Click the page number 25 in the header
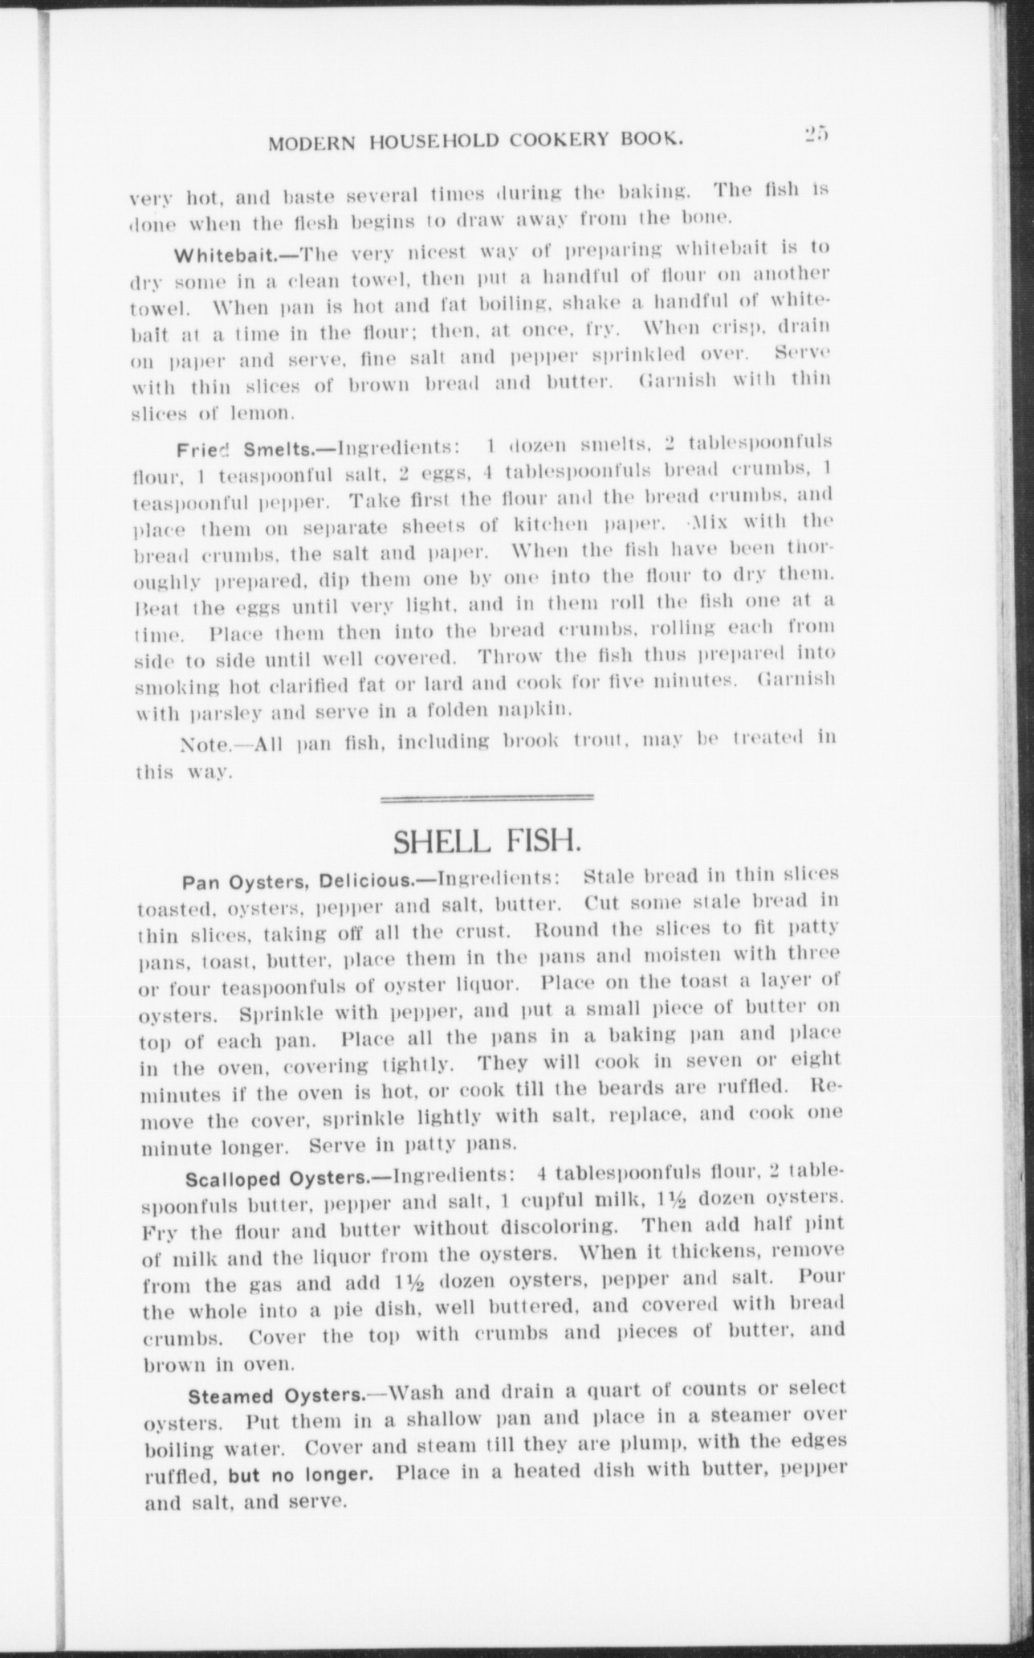click(x=818, y=134)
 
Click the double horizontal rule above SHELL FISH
click(x=486, y=798)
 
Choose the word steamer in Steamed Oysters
click(x=749, y=1416)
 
